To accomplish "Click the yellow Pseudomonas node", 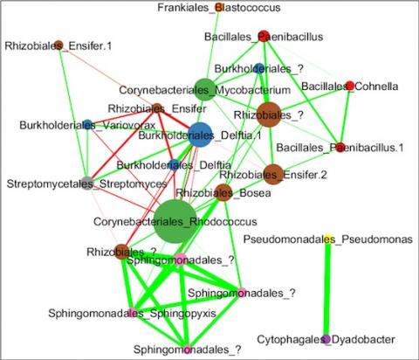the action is click(328, 238).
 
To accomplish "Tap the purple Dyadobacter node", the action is click(326, 339).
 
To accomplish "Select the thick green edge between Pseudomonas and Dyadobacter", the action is click(327, 288).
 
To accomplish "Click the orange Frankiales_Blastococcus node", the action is click(219, 7).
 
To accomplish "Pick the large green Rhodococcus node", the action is click(175, 221).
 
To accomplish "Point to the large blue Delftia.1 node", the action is click(200, 135).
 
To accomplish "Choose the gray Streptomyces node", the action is click(87, 183).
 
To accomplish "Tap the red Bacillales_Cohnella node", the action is click(349, 86).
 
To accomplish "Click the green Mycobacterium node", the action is click(205, 89).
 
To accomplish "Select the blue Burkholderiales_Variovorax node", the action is click(87, 125).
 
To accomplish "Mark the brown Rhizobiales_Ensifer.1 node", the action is click(58, 45).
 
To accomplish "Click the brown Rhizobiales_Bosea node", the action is click(223, 192).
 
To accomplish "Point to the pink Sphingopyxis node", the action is click(133, 313).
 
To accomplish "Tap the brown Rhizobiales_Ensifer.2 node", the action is click(273, 174).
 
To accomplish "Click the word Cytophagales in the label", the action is click(290, 340).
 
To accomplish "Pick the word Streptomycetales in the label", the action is click(50, 184).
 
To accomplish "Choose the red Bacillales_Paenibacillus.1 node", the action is click(340, 148).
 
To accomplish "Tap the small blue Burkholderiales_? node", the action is click(258, 68).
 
